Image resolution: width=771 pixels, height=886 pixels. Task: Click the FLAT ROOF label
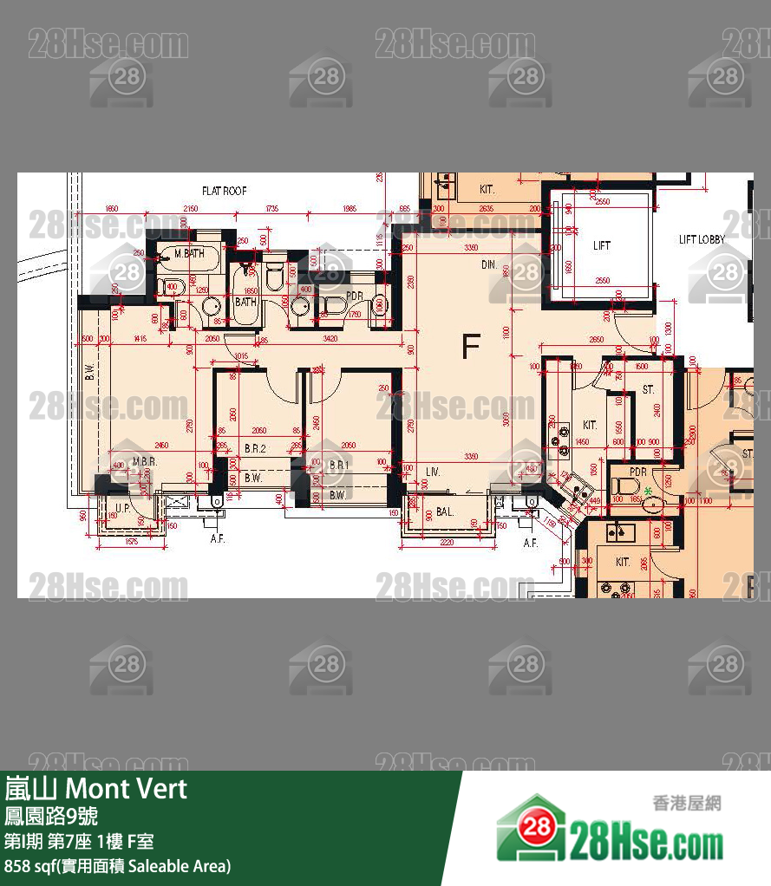pos(225,191)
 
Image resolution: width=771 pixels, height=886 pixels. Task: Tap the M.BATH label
pos(188,253)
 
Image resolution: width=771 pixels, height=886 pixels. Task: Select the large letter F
pos(470,347)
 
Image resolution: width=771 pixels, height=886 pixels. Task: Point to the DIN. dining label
pos(489,264)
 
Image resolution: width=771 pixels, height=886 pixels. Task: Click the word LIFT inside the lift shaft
pos(602,245)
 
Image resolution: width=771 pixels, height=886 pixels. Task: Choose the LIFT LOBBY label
pos(702,239)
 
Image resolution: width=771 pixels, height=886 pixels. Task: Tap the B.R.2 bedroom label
pos(254,449)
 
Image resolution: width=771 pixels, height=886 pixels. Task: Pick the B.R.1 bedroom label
pos(338,466)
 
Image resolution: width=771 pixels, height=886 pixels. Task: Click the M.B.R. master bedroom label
pos(145,462)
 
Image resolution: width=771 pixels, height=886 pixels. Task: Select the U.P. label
pos(122,507)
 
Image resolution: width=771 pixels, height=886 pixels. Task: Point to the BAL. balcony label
pos(445,512)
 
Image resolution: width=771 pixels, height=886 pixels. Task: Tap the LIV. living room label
pos(433,472)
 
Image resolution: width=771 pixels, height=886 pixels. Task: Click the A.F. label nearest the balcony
pos(532,543)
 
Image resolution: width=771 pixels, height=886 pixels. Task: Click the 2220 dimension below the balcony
pos(447,542)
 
